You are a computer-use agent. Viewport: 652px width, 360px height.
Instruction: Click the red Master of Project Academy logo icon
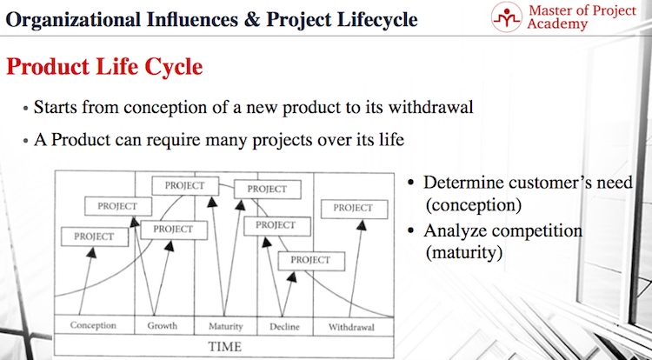click(x=507, y=17)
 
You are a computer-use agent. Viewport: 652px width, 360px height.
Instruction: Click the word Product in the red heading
click(x=48, y=66)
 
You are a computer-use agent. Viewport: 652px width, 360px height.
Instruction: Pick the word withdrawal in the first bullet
click(x=431, y=107)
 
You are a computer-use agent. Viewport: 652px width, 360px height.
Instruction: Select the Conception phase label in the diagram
click(x=93, y=325)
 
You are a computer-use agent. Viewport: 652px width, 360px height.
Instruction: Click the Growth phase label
click(x=163, y=325)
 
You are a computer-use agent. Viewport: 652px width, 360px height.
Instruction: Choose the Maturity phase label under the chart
click(x=225, y=326)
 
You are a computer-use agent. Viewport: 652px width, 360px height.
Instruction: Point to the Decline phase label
click(x=284, y=326)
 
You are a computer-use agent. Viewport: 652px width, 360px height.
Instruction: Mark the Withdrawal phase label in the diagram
click(x=351, y=327)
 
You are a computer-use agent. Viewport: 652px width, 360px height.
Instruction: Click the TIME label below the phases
click(x=224, y=347)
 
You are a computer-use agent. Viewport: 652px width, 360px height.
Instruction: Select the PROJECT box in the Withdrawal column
click(x=355, y=209)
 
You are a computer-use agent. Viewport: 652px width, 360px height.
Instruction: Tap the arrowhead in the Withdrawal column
click(x=362, y=225)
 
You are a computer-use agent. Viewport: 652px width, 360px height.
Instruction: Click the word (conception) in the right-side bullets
click(x=473, y=205)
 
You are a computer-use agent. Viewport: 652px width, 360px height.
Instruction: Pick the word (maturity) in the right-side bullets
click(x=463, y=253)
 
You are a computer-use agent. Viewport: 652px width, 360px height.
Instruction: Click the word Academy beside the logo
click(x=557, y=23)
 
